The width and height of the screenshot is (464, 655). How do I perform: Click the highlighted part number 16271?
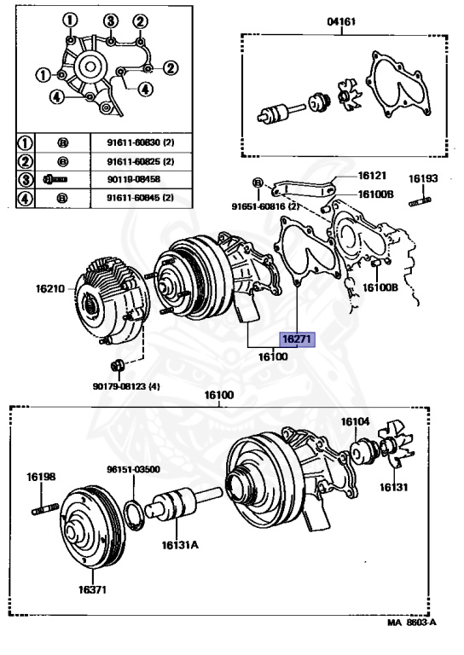(297, 339)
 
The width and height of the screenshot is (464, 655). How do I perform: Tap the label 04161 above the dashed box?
(342, 20)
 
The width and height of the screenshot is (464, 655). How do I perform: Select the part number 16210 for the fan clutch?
(50, 288)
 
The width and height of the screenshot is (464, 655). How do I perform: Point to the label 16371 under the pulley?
(92, 589)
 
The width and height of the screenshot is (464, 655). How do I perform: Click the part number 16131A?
(180, 545)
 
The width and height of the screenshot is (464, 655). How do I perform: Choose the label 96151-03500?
(133, 469)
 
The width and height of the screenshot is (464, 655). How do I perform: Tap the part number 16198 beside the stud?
(41, 476)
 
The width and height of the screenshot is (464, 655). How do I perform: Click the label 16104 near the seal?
(356, 421)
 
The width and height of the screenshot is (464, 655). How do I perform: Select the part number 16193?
(423, 178)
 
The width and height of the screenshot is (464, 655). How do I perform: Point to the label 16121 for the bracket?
(372, 176)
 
